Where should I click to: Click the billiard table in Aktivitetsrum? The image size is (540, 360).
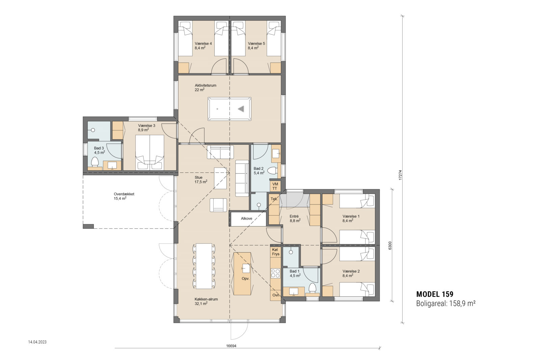click(x=230, y=109)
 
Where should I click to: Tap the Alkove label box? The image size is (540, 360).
click(x=246, y=219)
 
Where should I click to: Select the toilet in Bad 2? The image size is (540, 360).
click(x=273, y=171)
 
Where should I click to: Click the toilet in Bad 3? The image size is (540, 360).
click(x=94, y=162)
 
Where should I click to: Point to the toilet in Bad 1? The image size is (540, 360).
click(x=313, y=288)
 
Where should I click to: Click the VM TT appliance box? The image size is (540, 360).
click(x=275, y=186)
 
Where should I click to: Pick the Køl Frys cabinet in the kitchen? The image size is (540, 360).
click(x=276, y=252)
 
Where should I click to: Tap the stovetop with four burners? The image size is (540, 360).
click(x=275, y=273)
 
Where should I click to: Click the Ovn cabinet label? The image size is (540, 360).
click(x=276, y=295)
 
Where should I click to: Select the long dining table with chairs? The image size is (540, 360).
click(x=204, y=266)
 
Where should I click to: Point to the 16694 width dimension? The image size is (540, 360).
click(x=231, y=346)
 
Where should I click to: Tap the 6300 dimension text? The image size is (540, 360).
click(x=390, y=246)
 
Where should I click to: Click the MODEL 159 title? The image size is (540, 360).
click(x=435, y=294)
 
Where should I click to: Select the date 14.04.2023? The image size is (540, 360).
click(x=37, y=342)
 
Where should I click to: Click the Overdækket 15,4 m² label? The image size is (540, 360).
click(x=124, y=196)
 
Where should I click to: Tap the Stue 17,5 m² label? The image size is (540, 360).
click(x=200, y=179)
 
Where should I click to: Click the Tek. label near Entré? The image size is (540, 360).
click(x=274, y=199)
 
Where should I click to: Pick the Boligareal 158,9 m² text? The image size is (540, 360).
click(x=446, y=303)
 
